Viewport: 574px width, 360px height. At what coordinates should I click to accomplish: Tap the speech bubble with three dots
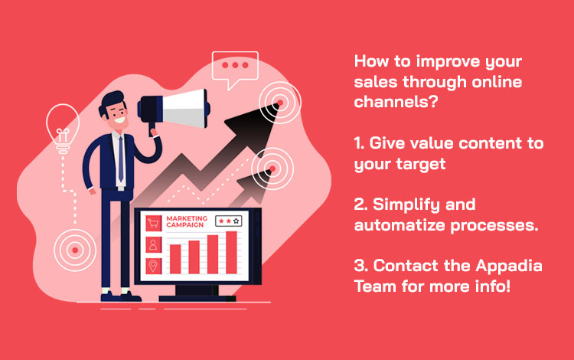tap(235, 67)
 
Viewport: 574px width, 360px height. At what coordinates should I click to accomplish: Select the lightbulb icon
tap(59, 125)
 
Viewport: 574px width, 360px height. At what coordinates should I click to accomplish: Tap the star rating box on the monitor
tap(229, 220)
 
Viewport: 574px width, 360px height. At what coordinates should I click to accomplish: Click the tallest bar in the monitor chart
tap(232, 251)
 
